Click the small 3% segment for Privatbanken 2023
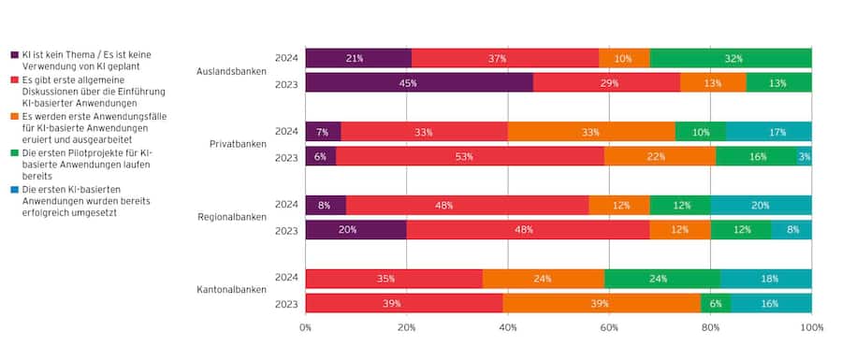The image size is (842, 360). point(805,156)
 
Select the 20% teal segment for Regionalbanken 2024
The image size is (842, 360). point(761,205)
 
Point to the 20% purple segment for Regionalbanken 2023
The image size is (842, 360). point(356,230)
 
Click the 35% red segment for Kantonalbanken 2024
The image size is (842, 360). point(394,279)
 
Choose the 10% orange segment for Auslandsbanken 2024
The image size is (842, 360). point(624,58)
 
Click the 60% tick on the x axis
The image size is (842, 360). point(609,328)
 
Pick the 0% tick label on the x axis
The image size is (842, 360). point(306,328)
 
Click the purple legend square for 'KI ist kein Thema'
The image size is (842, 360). point(13,55)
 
